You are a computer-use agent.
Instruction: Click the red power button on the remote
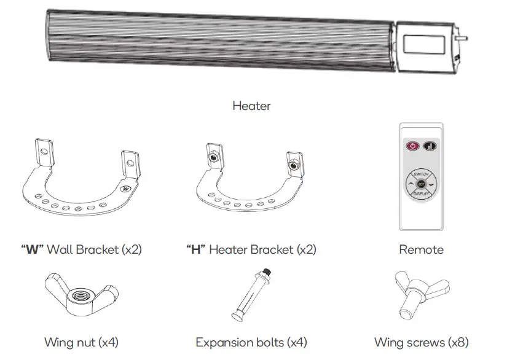point(412,147)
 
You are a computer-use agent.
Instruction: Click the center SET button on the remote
point(421,184)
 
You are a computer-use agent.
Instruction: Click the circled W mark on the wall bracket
point(127,189)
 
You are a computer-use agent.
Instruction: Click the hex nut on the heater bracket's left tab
point(213,157)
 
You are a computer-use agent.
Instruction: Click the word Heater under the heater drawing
point(251,106)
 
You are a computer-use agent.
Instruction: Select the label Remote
point(421,249)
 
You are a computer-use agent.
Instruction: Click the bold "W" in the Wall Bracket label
point(32,250)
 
